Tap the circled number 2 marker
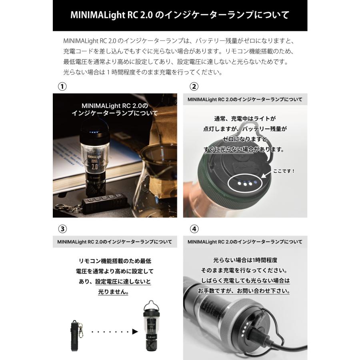(x=194, y=86)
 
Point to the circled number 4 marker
(x=194, y=229)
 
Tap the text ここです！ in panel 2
(x=284, y=171)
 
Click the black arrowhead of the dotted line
(x=134, y=332)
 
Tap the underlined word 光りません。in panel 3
(x=113, y=292)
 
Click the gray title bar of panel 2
(x=245, y=99)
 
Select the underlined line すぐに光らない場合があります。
(x=245, y=150)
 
